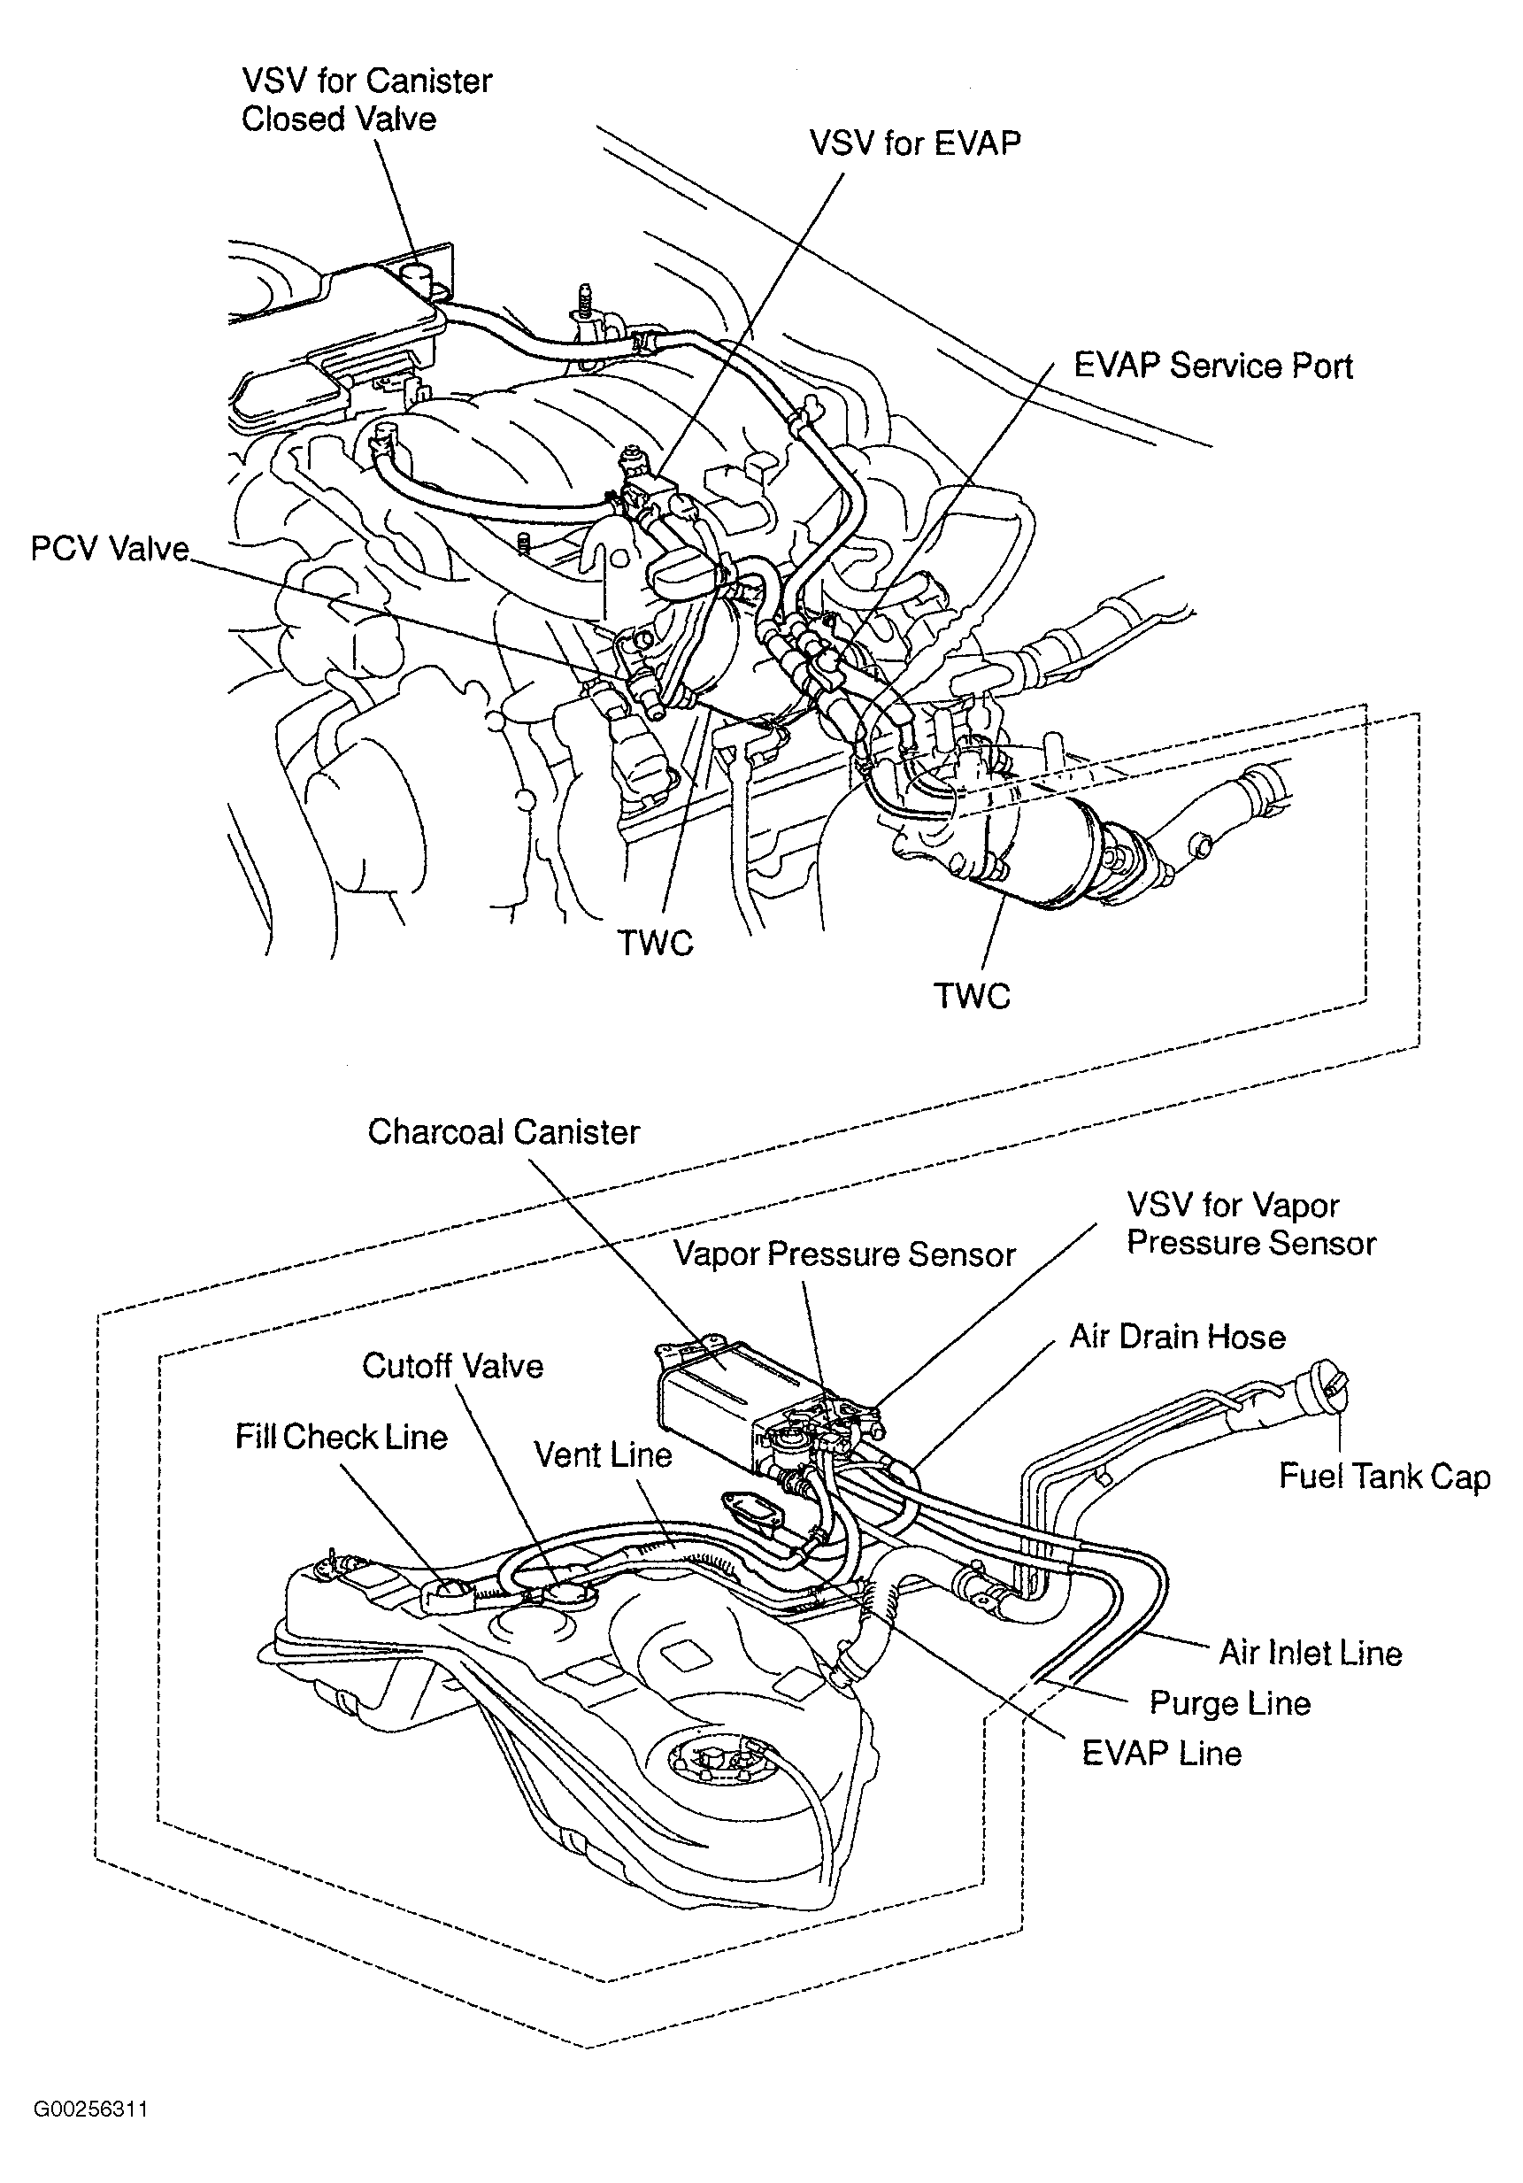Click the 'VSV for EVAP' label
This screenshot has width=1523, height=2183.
(x=914, y=143)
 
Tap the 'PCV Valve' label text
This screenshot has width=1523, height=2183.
(x=110, y=549)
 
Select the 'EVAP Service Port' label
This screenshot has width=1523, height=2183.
(x=1212, y=366)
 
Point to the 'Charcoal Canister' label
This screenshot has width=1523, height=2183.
(x=503, y=1131)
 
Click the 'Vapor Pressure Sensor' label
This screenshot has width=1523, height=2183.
(x=844, y=1254)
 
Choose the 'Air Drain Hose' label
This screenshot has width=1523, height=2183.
(x=1177, y=1336)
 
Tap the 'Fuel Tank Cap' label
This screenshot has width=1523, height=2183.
(x=1384, y=1476)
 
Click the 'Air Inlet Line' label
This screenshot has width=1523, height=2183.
(x=1310, y=1653)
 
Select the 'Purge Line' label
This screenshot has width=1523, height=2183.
(x=1229, y=1702)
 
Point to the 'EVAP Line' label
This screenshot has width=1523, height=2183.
(x=1162, y=1752)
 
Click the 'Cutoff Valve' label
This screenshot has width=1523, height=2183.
(x=452, y=1365)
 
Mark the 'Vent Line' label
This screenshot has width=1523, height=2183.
(x=603, y=1454)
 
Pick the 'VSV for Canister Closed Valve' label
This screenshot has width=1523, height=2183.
(x=366, y=100)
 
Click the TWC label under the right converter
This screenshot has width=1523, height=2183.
(x=971, y=996)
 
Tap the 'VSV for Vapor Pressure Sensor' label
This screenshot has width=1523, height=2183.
(x=1250, y=1223)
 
